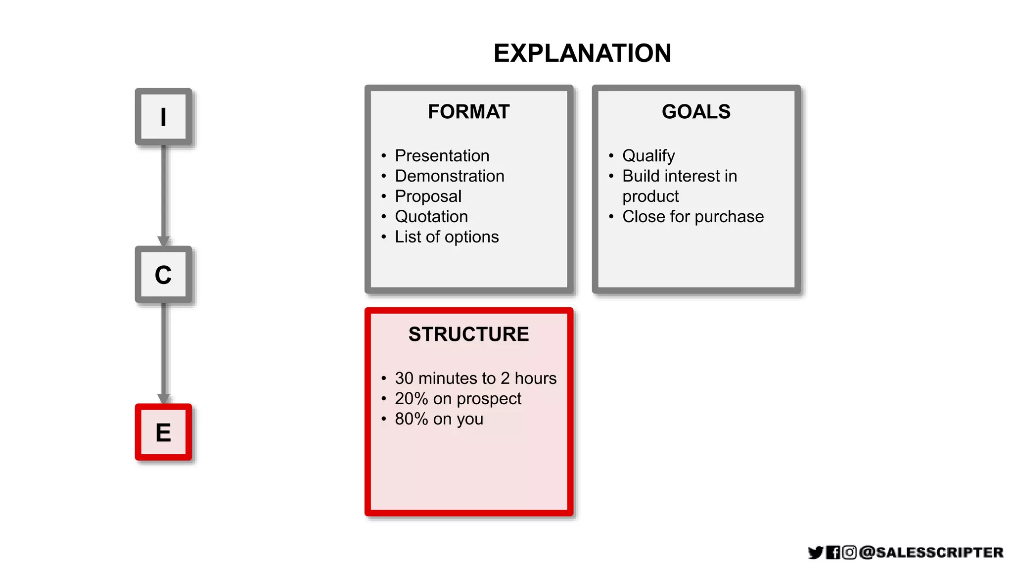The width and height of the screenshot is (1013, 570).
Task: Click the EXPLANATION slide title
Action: coord(582,53)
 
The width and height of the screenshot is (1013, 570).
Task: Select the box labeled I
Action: coord(163,117)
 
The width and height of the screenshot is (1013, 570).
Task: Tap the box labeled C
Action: coord(163,275)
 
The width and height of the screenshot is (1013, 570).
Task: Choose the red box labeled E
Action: coord(163,432)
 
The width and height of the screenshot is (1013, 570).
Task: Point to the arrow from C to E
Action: coord(164,351)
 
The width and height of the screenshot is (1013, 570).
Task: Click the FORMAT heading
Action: coord(468,112)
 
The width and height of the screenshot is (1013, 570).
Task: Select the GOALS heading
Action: coord(696,112)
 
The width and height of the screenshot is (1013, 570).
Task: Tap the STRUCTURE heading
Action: coord(468,334)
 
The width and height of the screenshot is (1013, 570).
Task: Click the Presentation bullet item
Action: coord(442,156)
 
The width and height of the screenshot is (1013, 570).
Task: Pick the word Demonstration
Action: coord(449,176)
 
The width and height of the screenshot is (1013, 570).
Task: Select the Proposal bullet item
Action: coord(428,196)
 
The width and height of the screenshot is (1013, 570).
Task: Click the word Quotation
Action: coord(431,217)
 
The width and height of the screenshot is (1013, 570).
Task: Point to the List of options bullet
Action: coord(447,237)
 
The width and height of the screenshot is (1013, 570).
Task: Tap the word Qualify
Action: coord(648,156)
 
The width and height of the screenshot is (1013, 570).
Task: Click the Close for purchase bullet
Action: coord(692,217)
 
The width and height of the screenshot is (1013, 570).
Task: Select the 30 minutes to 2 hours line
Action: coord(475,379)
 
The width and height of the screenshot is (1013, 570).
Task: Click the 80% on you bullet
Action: coord(439,419)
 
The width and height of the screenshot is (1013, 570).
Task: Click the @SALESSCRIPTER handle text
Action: coord(931,552)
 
